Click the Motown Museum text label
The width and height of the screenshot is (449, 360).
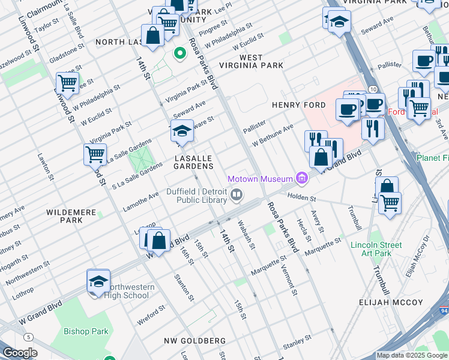click(259, 179)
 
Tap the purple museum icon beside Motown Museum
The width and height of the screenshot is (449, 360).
click(302, 178)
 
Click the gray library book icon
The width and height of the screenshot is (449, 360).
click(237, 194)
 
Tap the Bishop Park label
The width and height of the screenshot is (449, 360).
click(86, 331)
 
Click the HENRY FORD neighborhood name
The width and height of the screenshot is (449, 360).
click(298, 105)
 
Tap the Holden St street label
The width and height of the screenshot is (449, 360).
click(301, 196)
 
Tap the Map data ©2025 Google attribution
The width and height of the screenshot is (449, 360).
click(412, 355)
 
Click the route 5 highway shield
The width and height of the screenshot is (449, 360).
click(29, 337)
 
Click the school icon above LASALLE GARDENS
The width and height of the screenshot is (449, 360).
click(182, 131)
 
